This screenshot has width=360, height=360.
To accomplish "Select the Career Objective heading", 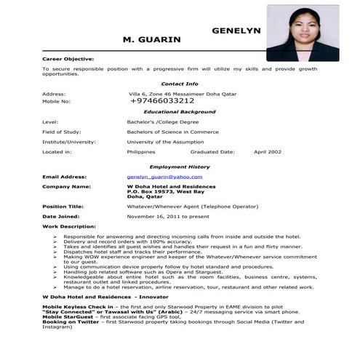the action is [68, 58].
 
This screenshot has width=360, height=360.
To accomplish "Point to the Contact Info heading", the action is [179, 84].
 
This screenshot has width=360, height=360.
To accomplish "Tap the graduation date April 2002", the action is [268, 152].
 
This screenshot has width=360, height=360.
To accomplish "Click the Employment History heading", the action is [179, 167].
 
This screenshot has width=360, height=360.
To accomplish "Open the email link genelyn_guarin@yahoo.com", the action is [164, 177].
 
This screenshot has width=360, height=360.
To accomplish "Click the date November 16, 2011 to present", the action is [168, 217].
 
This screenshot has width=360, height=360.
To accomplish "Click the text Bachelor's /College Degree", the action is [163, 121].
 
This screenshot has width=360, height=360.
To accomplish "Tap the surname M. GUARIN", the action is [152, 39].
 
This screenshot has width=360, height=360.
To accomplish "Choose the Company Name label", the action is [65, 187].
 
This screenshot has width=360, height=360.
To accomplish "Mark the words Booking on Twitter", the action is [71, 321].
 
